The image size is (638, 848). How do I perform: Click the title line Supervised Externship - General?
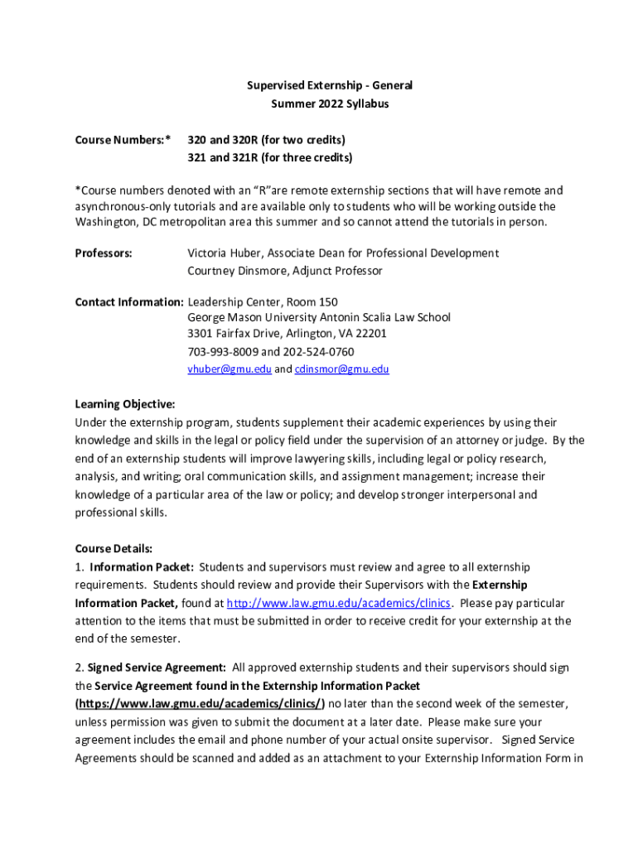(x=329, y=85)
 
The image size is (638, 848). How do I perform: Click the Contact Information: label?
(x=128, y=301)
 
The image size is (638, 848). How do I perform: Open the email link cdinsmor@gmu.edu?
(x=341, y=369)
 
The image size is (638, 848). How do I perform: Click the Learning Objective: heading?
(x=125, y=404)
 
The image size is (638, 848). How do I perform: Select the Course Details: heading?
(x=114, y=548)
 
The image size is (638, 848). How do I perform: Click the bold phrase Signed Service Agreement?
(x=157, y=667)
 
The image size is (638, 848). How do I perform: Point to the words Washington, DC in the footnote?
(x=115, y=223)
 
